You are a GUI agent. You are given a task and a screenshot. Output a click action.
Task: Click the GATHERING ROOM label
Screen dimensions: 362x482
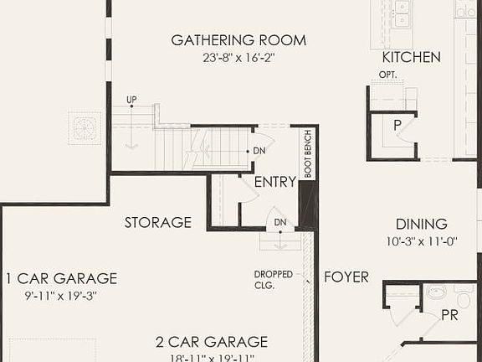tap(238, 40)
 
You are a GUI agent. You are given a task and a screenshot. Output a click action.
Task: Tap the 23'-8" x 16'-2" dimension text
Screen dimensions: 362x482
tap(238, 59)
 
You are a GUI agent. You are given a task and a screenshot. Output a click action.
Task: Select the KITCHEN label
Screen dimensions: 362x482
tap(412, 58)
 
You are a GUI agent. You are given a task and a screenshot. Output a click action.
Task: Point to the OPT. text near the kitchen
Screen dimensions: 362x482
tap(387, 75)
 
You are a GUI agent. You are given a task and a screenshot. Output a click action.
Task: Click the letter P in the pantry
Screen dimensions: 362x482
tap(398, 124)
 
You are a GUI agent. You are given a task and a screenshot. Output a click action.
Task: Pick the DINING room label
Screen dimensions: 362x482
tap(422, 224)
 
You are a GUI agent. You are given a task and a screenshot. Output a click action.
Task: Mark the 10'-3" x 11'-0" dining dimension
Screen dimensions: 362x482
tap(422, 241)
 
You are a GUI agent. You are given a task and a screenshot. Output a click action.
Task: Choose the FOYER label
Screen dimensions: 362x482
tap(346, 277)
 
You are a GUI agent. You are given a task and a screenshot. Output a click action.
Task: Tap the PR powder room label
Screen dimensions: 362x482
tap(450, 316)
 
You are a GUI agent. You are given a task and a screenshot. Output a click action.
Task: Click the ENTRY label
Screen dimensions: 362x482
tap(274, 182)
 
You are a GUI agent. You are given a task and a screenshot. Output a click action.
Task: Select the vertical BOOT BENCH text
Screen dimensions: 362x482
tap(308, 153)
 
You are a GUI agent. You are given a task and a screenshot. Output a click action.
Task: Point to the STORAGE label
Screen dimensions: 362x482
tap(158, 223)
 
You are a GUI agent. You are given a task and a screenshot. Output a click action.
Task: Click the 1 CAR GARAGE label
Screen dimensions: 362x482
tap(61, 279)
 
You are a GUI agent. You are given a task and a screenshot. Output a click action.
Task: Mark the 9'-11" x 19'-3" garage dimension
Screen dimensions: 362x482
tap(61, 296)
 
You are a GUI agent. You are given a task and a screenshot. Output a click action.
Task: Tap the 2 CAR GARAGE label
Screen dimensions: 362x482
tap(212, 342)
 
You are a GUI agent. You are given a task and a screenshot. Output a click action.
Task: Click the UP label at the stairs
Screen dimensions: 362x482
tap(131, 100)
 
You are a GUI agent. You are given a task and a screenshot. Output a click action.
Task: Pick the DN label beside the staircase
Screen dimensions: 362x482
tap(259, 152)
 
